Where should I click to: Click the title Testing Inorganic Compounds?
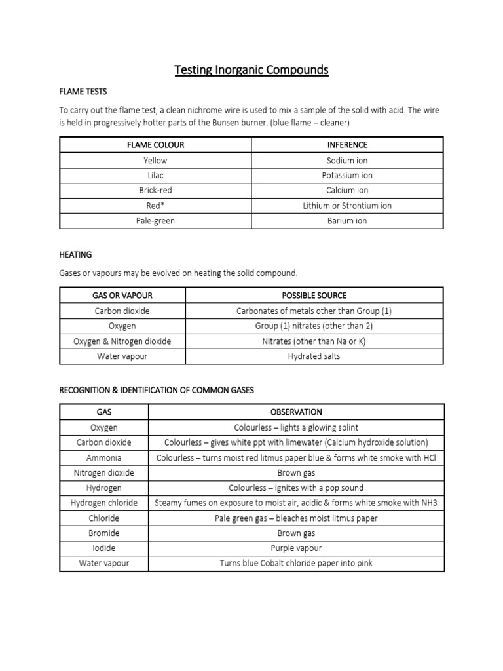tap(251, 69)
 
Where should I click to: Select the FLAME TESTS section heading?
tap(83, 91)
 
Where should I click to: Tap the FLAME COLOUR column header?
tap(155, 145)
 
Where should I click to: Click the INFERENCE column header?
tap(347, 145)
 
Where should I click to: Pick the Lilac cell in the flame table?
tap(155, 176)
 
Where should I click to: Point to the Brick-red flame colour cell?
tap(155, 191)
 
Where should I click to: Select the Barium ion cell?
tap(347, 221)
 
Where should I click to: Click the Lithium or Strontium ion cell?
tap(347, 206)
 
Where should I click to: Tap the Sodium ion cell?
tap(347, 160)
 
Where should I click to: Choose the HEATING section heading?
tap(75, 254)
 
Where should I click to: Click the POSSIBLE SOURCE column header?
tap(314, 296)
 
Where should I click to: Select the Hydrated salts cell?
tap(314, 356)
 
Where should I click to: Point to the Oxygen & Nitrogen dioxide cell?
tap(122, 341)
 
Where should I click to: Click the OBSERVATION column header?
tap(296, 412)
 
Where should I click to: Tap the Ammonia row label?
tap(104, 458)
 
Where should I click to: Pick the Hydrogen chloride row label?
tap(104, 503)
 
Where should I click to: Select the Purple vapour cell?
tap(296, 548)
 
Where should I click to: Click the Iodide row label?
tap(104, 548)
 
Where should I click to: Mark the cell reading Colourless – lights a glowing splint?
tap(296, 427)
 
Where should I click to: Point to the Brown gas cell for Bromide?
tap(296, 533)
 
